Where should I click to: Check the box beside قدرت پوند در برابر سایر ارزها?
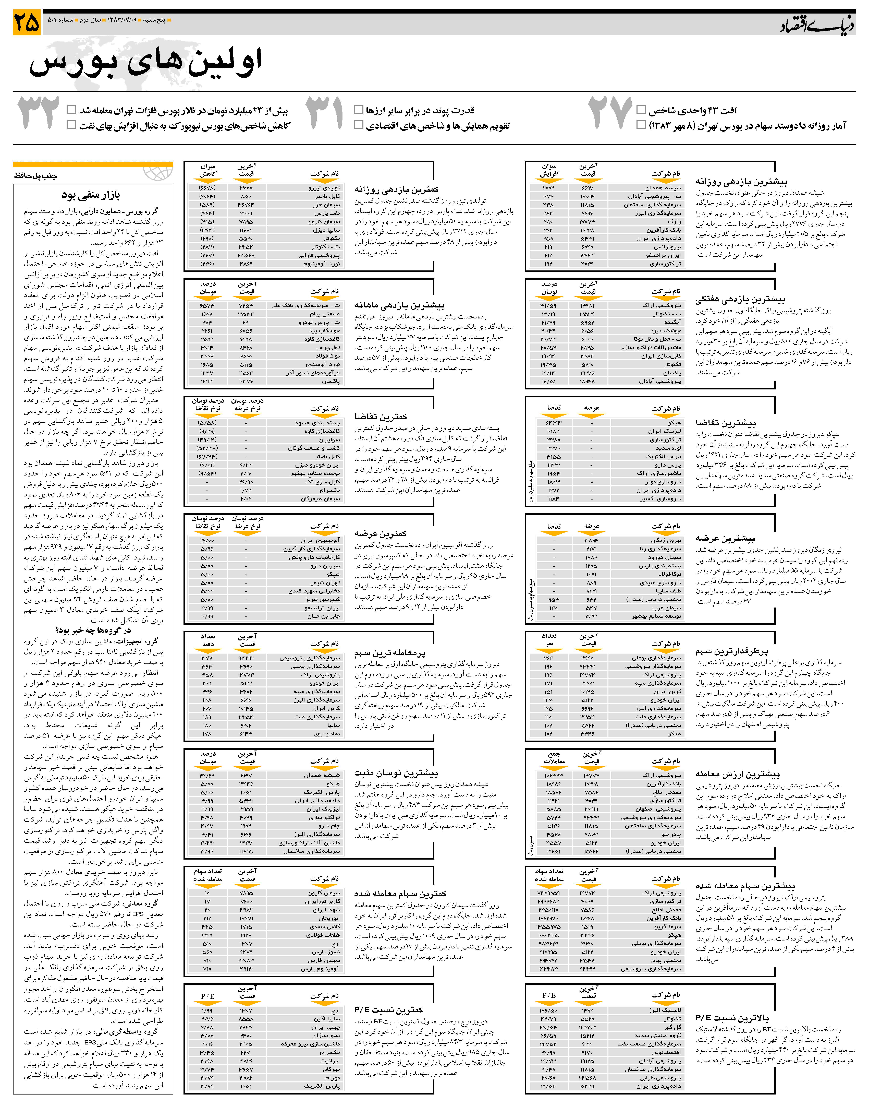(359, 109)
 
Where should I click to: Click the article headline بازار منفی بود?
(91, 195)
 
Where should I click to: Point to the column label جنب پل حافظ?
(36, 176)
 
